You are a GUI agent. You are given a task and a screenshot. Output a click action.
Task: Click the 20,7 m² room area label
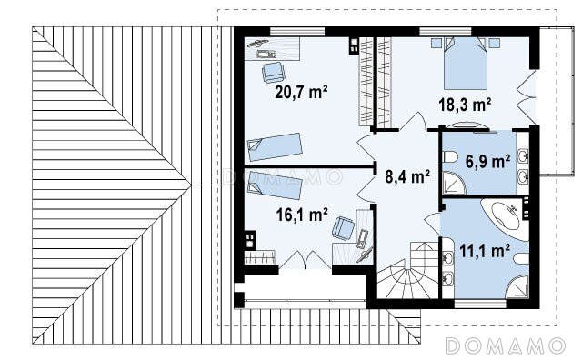pyautogui.click(x=301, y=92)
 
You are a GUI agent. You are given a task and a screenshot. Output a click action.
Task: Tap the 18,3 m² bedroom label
pyautogui.click(x=465, y=105)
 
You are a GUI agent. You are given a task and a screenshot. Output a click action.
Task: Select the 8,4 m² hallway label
pyautogui.click(x=407, y=176)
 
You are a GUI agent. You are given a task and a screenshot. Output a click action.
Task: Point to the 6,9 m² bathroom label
pyautogui.click(x=487, y=162)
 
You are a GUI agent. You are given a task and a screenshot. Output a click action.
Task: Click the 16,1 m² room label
pyautogui.click(x=302, y=215)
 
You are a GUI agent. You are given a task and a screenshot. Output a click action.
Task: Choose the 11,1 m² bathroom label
pyautogui.click(x=485, y=251)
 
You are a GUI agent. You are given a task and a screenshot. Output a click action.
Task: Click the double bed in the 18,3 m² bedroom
pyautogui.click(x=465, y=63)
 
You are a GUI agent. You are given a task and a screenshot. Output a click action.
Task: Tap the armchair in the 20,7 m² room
pyautogui.click(x=273, y=73)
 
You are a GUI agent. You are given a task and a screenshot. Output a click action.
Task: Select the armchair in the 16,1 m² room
pyautogui.click(x=343, y=228)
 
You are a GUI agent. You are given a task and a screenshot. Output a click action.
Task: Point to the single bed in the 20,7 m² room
pyautogui.click(x=275, y=146)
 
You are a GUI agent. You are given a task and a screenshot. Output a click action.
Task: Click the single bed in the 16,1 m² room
pyautogui.click(x=275, y=185)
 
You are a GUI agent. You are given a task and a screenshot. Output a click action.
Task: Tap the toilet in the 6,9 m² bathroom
pyautogui.click(x=450, y=157)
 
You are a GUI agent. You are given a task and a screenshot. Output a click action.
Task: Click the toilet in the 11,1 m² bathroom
pyautogui.click(x=521, y=259)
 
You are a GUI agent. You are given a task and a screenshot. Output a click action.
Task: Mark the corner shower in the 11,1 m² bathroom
pyautogui.click(x=517, y=286)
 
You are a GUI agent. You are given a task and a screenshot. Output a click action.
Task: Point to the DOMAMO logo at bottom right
pyautogui.click(x=506, y=345)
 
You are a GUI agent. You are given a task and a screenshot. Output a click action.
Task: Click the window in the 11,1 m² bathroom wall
pyautogui.click(x=480, y=304)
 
